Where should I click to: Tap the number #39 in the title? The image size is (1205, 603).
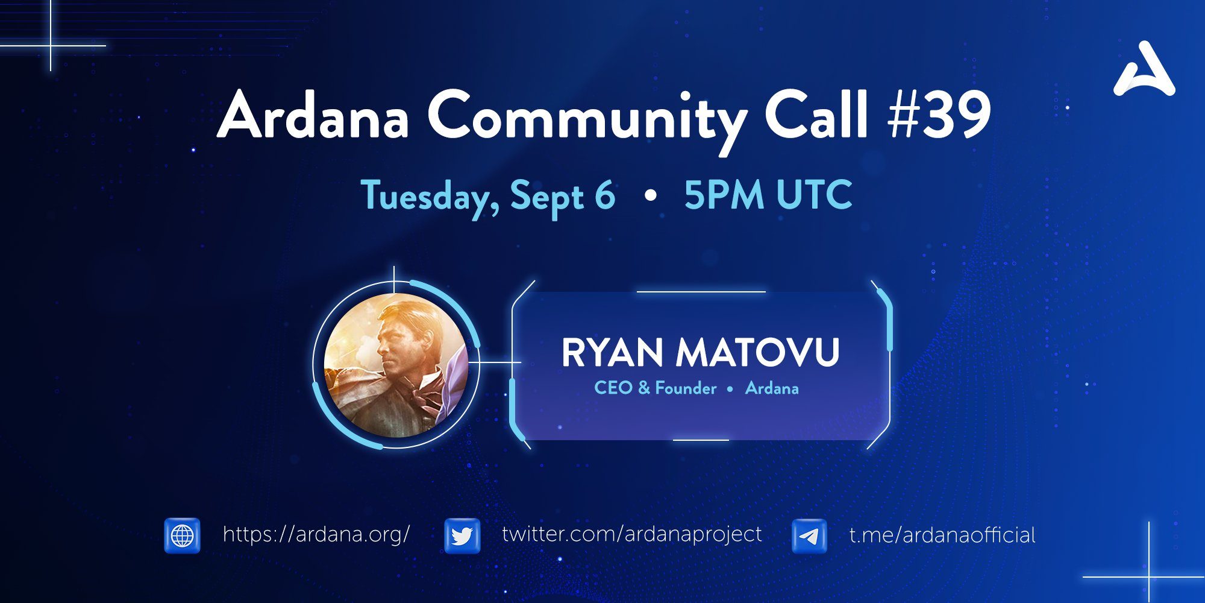tap(940, 114)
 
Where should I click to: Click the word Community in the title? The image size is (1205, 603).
tap(587, 121)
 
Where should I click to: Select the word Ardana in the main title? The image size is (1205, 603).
tap(313, 114)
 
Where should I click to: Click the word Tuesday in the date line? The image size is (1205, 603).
tap(430, 198)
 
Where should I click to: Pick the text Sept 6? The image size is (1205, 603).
tap(563, 198)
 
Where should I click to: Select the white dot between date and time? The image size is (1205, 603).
tap(650, 196)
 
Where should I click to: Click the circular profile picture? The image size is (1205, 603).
tap(396, 365)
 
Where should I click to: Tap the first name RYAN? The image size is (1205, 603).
tap(612, 352)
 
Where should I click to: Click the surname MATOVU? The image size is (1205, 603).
tap(758, 352)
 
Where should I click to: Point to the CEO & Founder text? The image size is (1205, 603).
tap(656, 388)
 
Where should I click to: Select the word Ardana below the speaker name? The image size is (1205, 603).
tap(772, 388)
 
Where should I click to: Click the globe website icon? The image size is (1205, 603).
tap(183, 535)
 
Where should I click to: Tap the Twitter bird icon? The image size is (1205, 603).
tap(462, 535)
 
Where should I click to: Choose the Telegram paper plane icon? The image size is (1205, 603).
tap(809, 535)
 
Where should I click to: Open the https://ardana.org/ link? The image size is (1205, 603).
tap(316, 535)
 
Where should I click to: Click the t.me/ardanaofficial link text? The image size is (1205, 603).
tap(942, 535)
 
